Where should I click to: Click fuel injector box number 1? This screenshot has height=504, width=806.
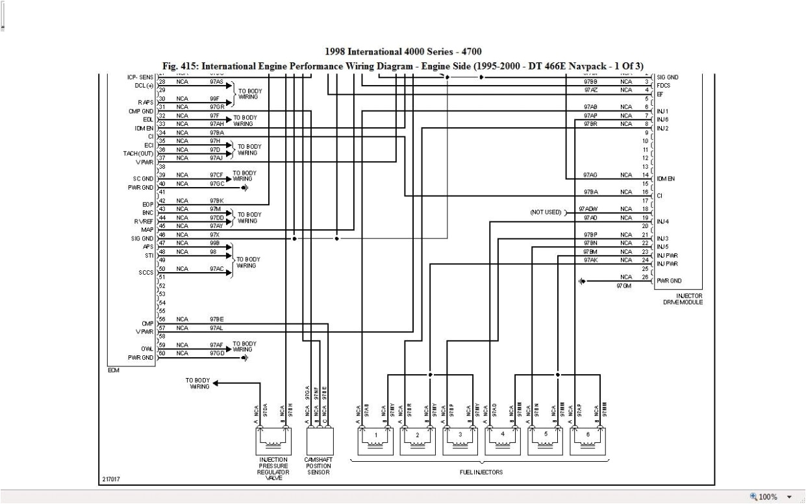375,440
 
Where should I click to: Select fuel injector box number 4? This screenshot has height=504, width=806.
502,440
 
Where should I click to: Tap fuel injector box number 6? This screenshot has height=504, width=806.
587,440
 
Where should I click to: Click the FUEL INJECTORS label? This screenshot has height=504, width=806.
481,472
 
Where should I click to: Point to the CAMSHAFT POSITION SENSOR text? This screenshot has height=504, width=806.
318,466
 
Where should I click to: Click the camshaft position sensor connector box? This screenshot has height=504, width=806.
318,440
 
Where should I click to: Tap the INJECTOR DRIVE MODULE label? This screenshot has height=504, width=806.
679,299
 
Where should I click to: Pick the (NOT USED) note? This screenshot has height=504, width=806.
546,212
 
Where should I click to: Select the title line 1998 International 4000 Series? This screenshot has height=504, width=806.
403,51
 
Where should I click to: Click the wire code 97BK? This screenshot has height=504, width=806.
216,201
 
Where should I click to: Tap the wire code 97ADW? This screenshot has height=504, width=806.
590,209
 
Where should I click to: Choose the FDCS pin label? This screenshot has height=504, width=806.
663,86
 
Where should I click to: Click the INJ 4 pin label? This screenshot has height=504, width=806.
662,221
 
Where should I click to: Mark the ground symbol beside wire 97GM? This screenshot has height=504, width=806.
582,281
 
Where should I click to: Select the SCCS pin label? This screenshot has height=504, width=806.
145,273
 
